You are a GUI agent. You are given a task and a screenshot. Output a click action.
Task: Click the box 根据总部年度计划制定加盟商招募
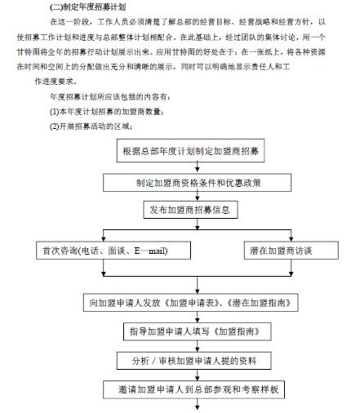(x=197, y=152)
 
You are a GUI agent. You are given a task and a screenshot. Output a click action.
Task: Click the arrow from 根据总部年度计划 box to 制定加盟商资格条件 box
(x=196, y=167)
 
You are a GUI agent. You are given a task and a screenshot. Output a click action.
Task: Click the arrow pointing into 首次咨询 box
(x=104, y=235)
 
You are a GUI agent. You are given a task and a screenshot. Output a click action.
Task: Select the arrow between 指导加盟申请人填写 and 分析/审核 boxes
(x=196, y=346)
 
